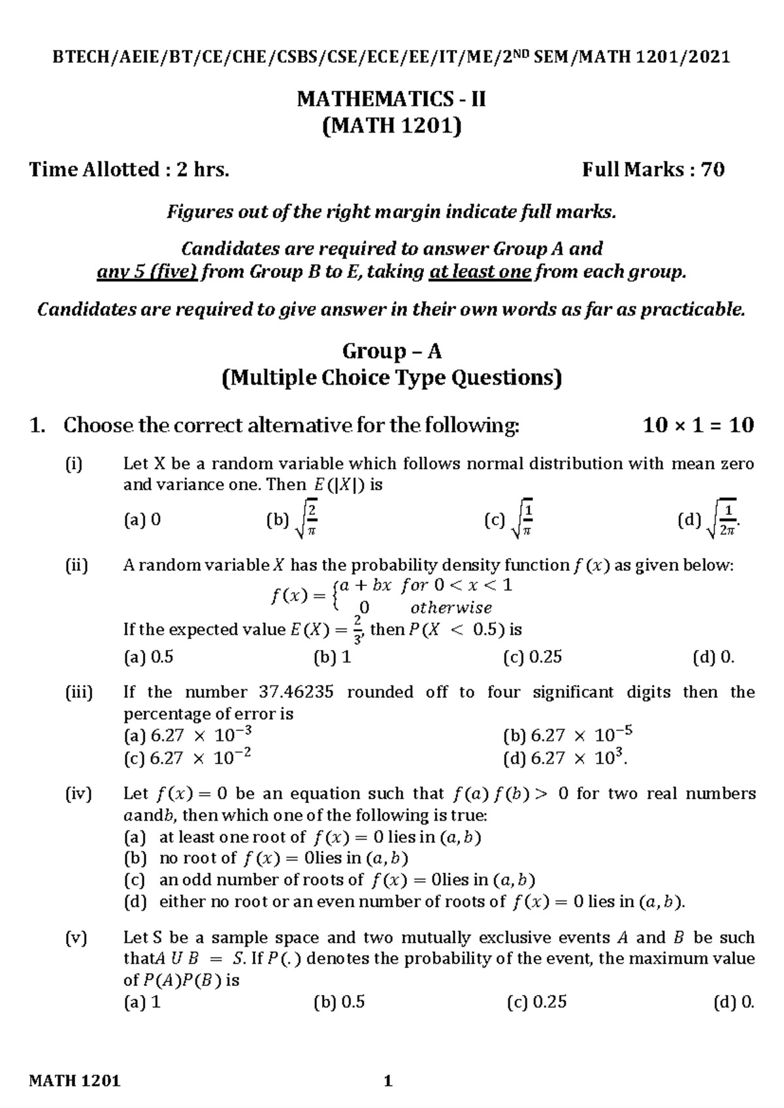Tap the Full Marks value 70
pos(712,170)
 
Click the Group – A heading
pos(392,351)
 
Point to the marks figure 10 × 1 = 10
pos(698,426)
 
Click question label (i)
pos(74,464)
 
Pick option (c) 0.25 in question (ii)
pos(532,657)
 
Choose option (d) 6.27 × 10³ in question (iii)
pos(566,758)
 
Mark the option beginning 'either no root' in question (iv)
pos(404,902)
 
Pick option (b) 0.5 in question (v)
pos(339,1002)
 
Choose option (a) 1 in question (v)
pos(142,1002)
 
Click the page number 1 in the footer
pos(388,1081)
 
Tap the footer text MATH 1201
pos(75,1081)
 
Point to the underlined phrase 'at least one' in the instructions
pos(480,272)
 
